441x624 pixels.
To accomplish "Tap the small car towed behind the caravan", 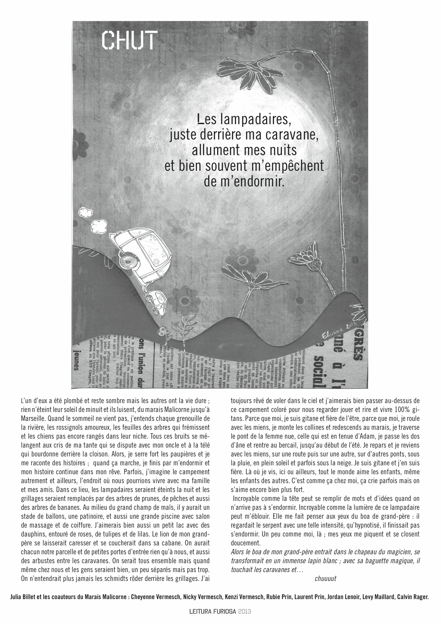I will coord(158,300).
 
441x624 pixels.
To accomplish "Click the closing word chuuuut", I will coord(325,578).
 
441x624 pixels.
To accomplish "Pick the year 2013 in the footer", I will coord(245,612).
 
